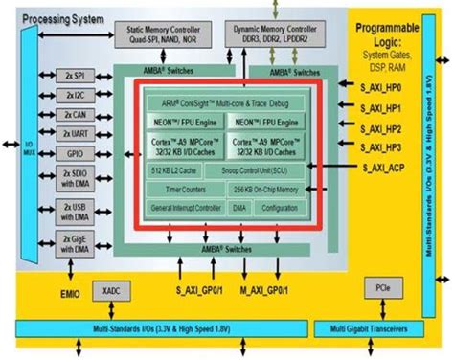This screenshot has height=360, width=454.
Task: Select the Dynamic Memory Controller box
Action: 278,35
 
